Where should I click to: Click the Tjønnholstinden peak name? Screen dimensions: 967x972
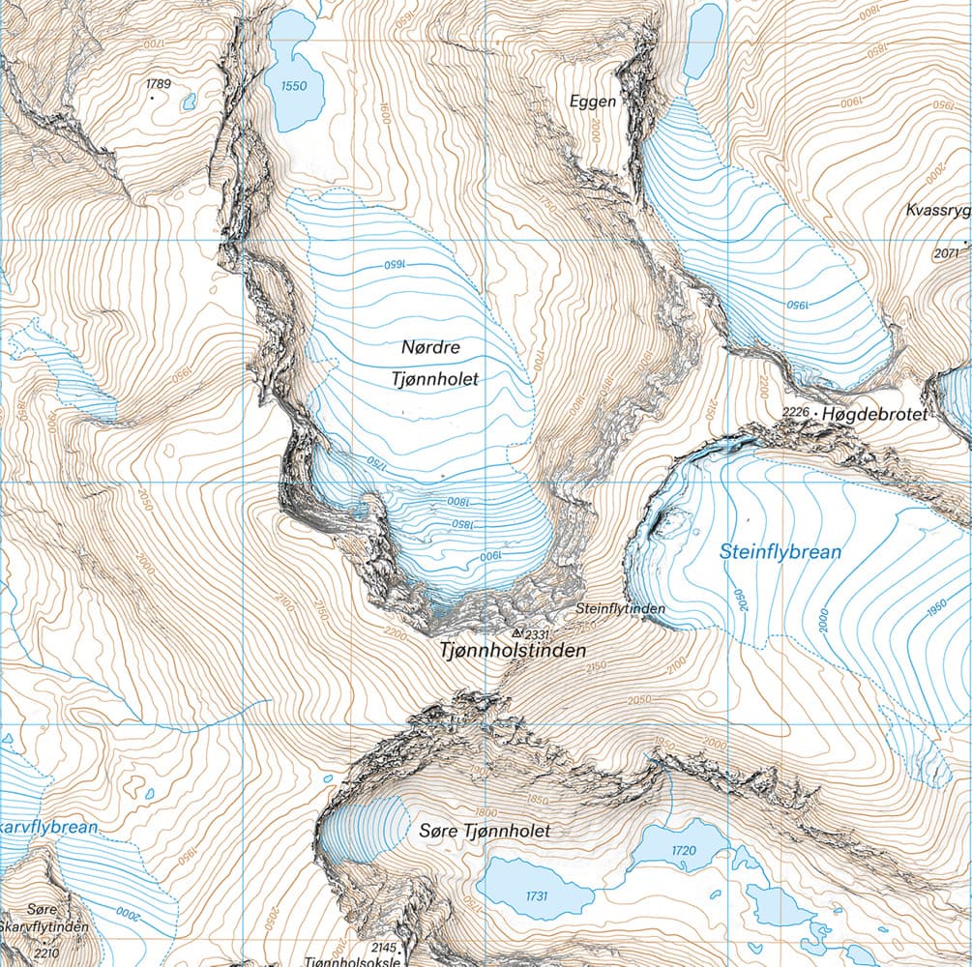point(514,652)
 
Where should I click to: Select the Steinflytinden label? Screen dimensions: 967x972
point(620,609)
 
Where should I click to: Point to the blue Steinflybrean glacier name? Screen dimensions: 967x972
point(781,552)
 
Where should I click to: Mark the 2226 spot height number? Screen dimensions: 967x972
point(794,413)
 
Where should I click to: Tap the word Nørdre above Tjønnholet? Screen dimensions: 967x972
point(433,345)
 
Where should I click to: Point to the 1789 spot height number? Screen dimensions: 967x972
point(159,85)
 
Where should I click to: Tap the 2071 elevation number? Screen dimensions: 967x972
point(949,254)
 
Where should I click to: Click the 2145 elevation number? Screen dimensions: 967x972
point(385,948)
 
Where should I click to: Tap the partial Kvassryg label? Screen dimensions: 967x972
point(937,211)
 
